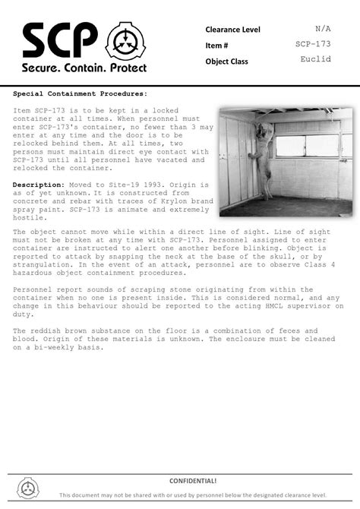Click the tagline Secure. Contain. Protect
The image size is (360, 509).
(83, 68)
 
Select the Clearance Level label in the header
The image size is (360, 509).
(232, 30)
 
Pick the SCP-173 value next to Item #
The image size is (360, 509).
(313, 44)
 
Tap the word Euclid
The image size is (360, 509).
(315, 59)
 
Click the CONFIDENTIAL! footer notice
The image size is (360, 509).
(193, 481)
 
